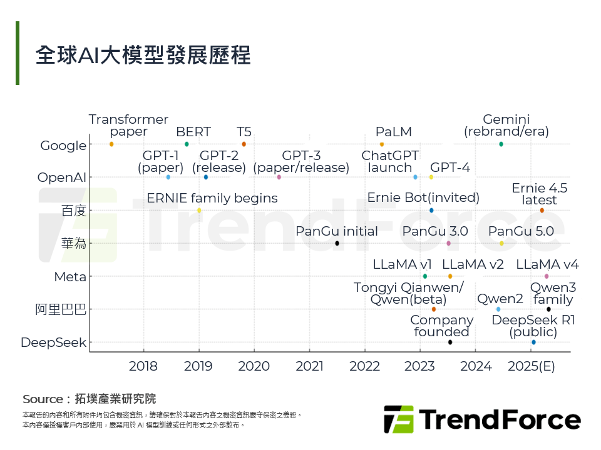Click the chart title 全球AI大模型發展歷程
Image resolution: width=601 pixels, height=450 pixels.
[x=143, y=55]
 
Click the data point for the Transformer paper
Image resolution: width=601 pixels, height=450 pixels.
[x=111, y=144]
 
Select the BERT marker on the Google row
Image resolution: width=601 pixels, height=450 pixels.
[x=187, y=144]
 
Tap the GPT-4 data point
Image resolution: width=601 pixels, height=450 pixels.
[x=431, y=177]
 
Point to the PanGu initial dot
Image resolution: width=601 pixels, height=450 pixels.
[x=337, y=243]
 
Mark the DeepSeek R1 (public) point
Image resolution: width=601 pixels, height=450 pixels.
[x=533, y=342]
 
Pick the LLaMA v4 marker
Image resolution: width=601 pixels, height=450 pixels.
[x=547, y=276]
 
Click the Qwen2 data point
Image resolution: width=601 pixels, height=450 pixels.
[x=498, y=309]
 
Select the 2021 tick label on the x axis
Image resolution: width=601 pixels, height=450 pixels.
[x=309, y=366]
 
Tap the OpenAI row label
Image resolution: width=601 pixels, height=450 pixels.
[x=62, y=177]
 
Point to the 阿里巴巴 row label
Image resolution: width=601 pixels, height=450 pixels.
[x=61, y=309]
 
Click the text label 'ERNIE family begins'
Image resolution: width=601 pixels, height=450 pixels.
[x=212, y=198]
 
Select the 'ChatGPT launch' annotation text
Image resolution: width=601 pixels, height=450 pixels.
[x=390, y=161]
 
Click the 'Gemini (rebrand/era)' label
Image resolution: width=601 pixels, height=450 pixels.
[x=506, y=126]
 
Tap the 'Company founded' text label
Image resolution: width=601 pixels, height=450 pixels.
[x=442, y=326]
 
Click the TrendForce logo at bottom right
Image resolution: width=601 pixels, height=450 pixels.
[x=482, y=419]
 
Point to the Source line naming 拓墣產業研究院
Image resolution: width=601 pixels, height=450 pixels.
[x=89, y=399]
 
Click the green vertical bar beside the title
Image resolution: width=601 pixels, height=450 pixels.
[x=18, y=53]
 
